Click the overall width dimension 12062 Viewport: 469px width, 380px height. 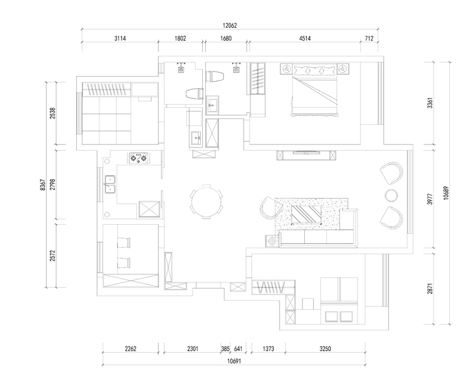(229, 25)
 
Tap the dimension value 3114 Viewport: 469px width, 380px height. (120, 38)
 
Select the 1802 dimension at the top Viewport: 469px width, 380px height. (180, 38)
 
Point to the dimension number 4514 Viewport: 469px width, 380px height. (305, 38)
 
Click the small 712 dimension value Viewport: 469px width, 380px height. (369, 38)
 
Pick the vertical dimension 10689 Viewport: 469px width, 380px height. (446, 193)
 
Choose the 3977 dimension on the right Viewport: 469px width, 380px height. (430, 199)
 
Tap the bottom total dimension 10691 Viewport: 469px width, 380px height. (234, 361)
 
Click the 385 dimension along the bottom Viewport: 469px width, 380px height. (225, 348)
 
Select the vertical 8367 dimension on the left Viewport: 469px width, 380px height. (42, 185)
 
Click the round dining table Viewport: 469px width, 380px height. (207, 201)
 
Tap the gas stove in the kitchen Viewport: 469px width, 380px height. (139, 158)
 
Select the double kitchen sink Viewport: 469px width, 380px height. (110, 184)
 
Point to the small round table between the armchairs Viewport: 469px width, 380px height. (391, 196)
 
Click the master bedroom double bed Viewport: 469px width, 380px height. (314, 90)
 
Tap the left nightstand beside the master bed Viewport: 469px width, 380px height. (286, 69)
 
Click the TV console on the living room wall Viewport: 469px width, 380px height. (306, 155)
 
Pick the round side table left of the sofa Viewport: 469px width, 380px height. (272, 241)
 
